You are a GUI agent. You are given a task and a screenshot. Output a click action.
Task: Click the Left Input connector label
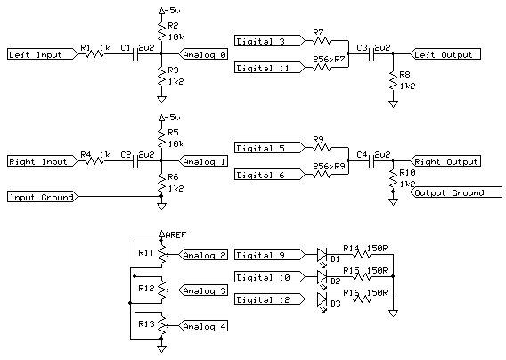click(36, 54)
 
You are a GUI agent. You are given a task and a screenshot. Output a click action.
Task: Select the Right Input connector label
click(37, 162)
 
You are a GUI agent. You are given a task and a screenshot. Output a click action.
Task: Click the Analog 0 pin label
click(204, 54)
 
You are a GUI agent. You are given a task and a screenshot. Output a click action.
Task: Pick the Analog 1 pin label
click(204, 162)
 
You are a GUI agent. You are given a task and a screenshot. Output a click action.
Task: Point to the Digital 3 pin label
click(262, 41)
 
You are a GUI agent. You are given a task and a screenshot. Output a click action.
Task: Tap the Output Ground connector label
click(451, 192)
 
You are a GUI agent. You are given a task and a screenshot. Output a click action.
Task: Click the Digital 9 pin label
click(262, 256)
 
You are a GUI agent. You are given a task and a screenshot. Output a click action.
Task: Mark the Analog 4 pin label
click(204, 325)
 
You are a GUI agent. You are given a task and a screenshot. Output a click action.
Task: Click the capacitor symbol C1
click(136, 54)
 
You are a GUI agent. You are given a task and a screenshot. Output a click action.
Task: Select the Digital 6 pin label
click(262, 175)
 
